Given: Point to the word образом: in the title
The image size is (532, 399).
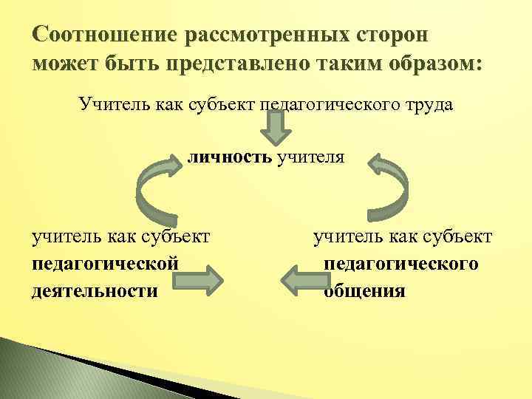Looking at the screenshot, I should pyautogui.click(x=429, y=64).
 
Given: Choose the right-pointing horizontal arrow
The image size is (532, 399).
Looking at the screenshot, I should pyautogui.click(x=197, y=282).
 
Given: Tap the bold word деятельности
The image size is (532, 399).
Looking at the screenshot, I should pyautogui.click(x=95, y=290).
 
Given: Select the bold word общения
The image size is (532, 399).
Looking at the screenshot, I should pyautogui.click(x=364, y=290).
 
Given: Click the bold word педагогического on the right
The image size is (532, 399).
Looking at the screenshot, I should pyautogui.click(x=401, y=264).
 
